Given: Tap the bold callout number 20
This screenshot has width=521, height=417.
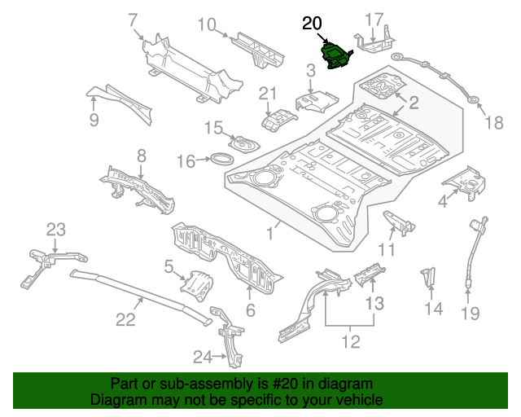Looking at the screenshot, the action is (x=312, y=24).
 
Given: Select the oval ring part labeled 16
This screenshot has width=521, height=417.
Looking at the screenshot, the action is (x=221, y=159).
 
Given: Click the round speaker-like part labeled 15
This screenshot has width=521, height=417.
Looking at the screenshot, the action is (x=244, y=145).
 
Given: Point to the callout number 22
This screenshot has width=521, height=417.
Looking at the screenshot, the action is (x=125, y=319).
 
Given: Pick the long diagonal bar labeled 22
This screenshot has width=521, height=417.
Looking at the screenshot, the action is (x=141, y=296).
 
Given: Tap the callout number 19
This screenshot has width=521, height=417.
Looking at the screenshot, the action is (x=471, y=314).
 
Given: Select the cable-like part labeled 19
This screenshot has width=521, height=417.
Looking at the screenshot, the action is (x=475, y=252).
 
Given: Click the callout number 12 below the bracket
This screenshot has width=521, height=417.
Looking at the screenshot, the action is (x=351, y=341).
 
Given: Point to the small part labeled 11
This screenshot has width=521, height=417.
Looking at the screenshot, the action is (x=399, y=222).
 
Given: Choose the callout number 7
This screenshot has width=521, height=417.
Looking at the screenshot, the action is (x=133, y=20).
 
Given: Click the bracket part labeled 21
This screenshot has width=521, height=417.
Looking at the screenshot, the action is (x=278, y=120).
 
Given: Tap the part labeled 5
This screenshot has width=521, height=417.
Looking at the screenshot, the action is (x=197, y=286).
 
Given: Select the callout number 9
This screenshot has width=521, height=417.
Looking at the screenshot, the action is (x=94, y=120).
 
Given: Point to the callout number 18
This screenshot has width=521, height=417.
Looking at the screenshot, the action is (x=494, y=123).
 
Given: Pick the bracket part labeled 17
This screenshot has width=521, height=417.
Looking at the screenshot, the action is (x=374, y=42).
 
